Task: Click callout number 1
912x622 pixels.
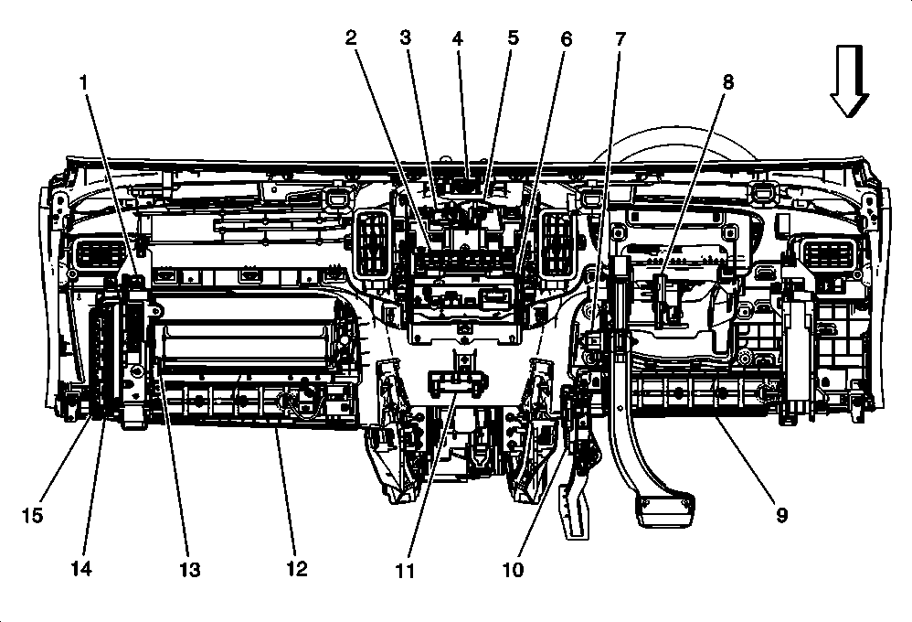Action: coord(84,81)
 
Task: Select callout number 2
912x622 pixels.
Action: coord(350,38)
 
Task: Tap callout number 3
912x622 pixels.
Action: coord(406,38)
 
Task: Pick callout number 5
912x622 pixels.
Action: coord(513,38)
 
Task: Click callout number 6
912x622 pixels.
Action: coord(567,38)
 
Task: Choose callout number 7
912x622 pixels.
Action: coord(620,38)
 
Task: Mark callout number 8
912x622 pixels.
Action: coord(727,81)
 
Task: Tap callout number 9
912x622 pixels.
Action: coord(781,515)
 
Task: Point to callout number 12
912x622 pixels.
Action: coord(296,568)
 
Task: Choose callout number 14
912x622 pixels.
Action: coord(81,568)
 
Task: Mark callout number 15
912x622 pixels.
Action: coord(32,515)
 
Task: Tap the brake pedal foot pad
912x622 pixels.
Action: coord(665,509)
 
